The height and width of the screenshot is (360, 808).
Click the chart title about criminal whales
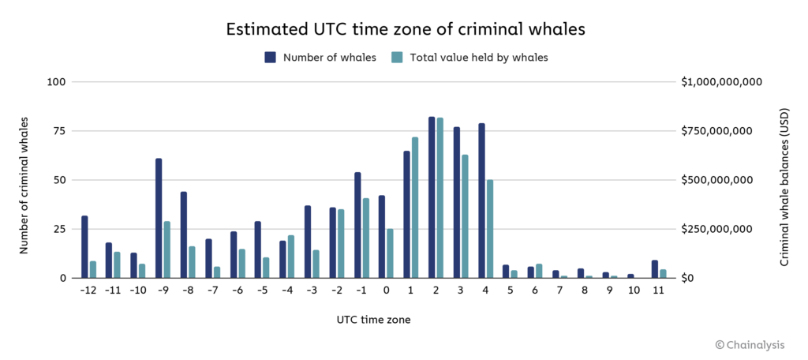coord(404,29)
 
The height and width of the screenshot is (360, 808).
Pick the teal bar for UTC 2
coord(440,197)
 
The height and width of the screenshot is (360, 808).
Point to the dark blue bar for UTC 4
coord(481,201)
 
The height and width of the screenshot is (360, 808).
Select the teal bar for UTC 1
coord(415,208)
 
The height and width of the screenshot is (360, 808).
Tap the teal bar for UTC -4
coord(290,257)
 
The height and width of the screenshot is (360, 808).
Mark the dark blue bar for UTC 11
coord(655,268)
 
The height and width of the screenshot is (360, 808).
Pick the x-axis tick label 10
coord(634,291)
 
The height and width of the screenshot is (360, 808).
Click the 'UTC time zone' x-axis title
coord(371,320)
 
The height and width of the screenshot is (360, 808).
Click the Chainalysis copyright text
coord(759,344)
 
